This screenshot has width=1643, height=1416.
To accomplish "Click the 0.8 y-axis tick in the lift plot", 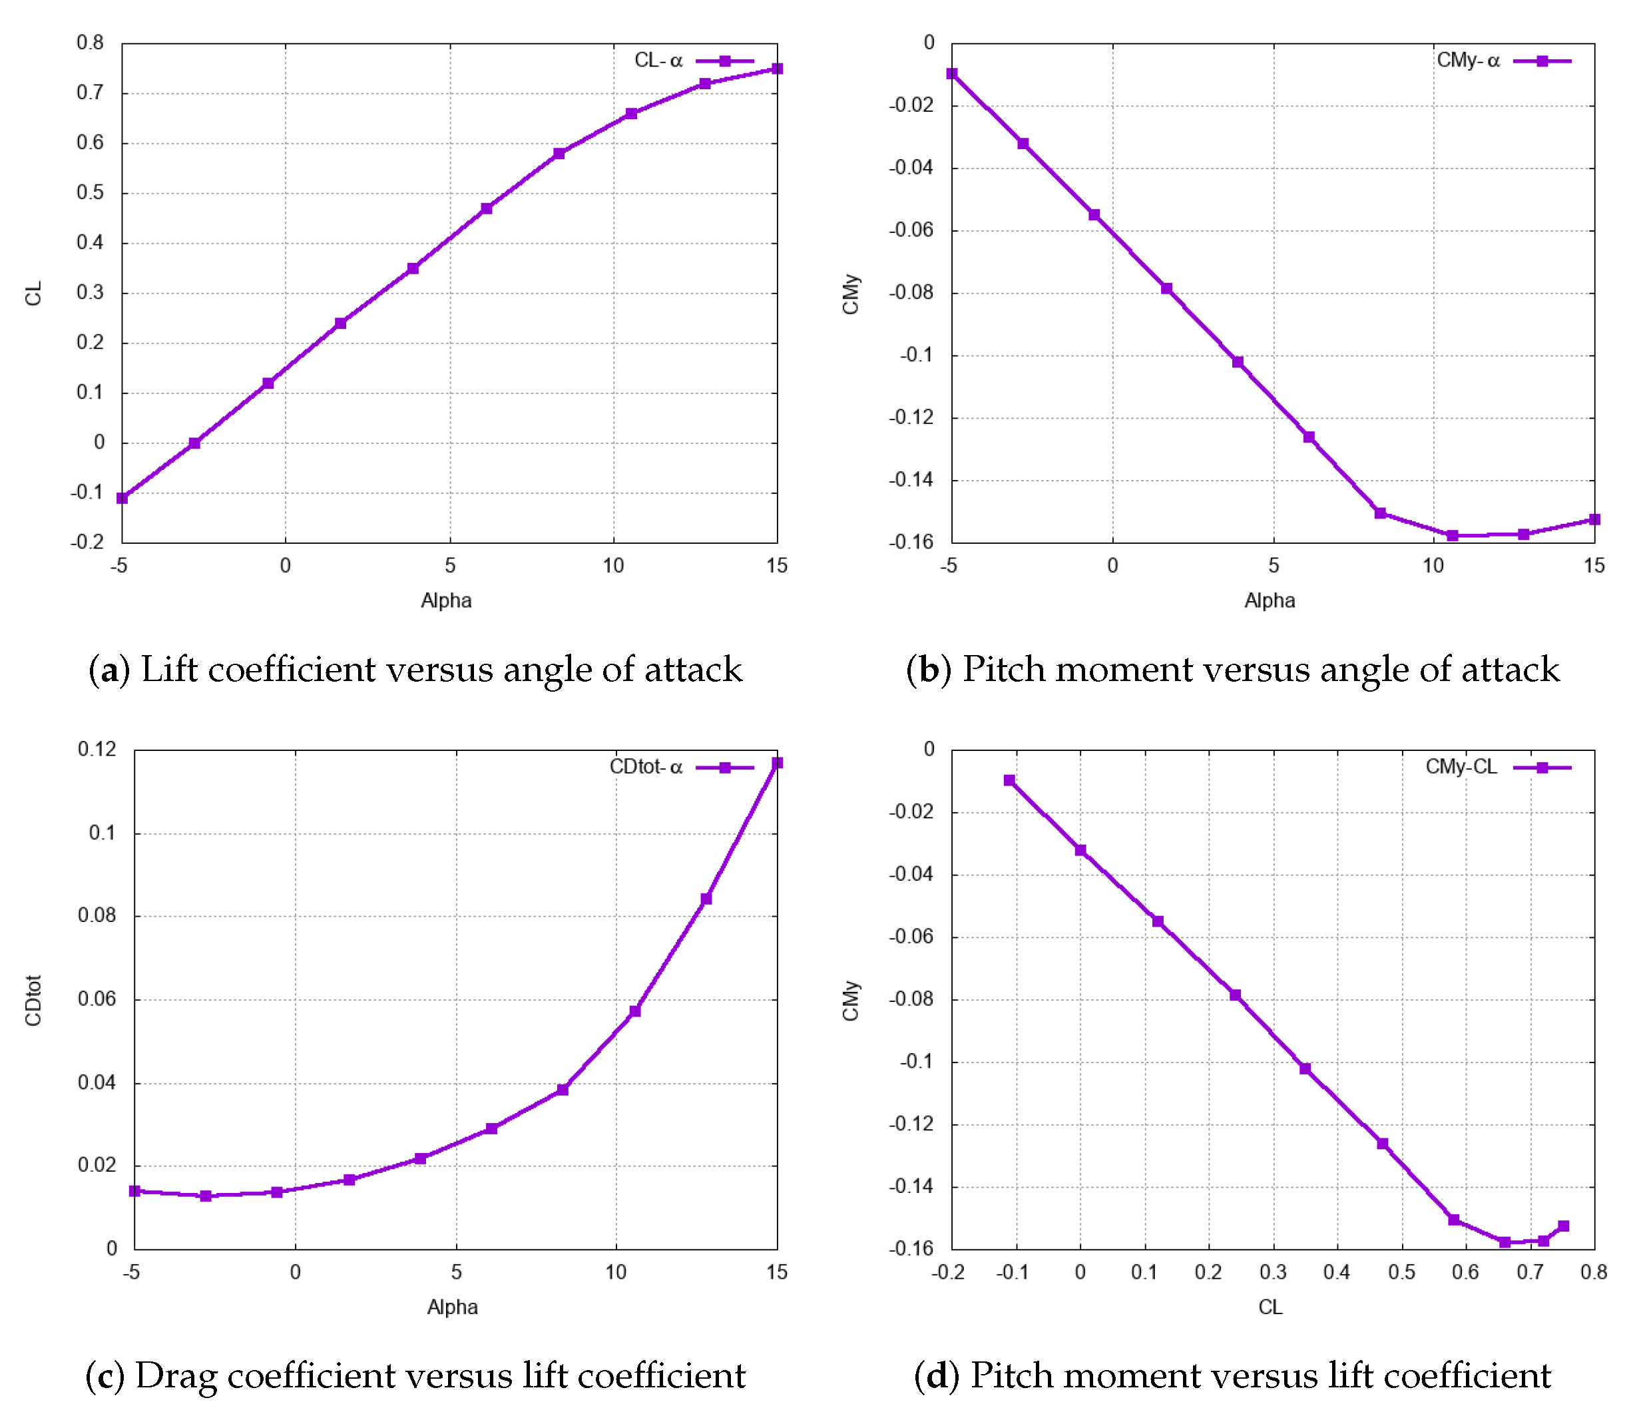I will [x=91, y=43].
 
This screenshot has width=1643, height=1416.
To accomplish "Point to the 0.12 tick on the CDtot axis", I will [x=97, y=749].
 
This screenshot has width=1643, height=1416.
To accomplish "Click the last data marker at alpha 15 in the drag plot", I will [x=776, y=763].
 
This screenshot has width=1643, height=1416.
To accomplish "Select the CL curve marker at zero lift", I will [x=194, y=443].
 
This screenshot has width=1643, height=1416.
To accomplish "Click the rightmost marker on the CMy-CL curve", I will [x=1563, y=1226].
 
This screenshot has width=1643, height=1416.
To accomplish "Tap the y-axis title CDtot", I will [x=33, y=1001].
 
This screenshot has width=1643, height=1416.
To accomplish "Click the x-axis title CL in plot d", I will [x=1270, y=1307].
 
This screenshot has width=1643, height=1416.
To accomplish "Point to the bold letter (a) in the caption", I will [x=109, y=670].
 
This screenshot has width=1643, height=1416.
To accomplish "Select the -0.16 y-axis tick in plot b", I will [x=911, y=543].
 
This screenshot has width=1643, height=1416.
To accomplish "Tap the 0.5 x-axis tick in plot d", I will [x=1401, y=1272].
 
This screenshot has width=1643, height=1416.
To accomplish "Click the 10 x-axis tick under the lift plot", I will [x=613, y=565].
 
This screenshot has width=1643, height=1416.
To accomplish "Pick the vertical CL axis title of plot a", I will [x=33, y=294].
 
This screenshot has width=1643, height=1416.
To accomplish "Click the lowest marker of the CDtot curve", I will [x=206, y=1196].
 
